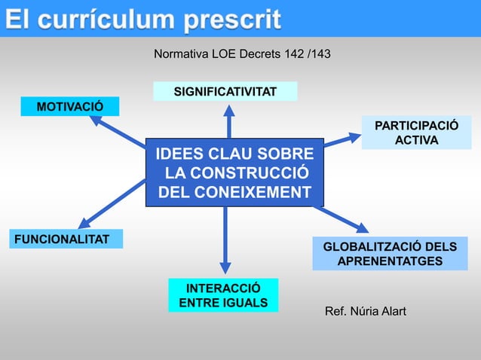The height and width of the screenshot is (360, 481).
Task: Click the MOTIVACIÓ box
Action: (x=70, y=106)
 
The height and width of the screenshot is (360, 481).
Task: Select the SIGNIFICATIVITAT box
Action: (x=225, y=92)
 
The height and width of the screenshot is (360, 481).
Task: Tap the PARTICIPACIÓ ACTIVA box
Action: (x=416, y=132)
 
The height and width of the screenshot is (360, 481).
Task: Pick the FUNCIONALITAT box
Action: (x=65, y=239)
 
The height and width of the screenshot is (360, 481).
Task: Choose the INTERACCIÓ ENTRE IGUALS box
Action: (x=223, y=295)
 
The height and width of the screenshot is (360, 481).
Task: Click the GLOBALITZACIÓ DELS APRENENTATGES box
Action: (x=390, y=254)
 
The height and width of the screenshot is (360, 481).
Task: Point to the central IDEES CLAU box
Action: (x=234, y=172)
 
